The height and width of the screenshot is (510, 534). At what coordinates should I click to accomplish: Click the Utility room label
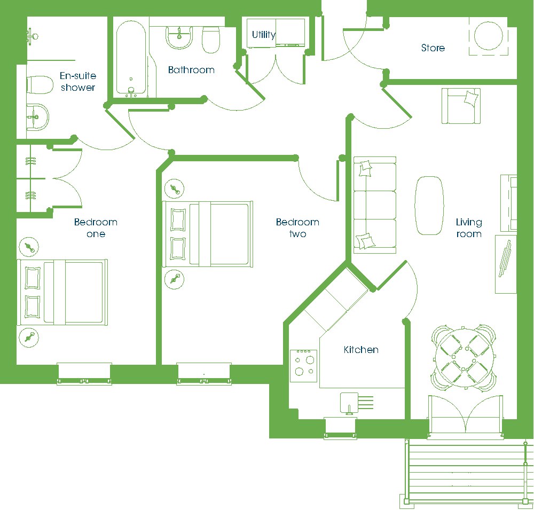point(264,35)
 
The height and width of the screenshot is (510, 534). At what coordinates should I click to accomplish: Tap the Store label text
point(433,48)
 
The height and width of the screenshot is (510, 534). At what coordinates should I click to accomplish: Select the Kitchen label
point(361,350)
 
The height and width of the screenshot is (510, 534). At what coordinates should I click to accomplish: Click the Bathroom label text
point(191,70)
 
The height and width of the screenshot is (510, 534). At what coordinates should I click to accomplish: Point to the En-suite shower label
point(78,81)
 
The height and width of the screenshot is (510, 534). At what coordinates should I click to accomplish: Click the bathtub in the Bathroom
point(131,58)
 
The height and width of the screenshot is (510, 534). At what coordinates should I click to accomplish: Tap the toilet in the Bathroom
point(211,40)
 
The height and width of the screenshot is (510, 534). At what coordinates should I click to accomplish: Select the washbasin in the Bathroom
point(179,37)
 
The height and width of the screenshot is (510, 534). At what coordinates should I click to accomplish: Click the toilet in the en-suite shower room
point(40,85)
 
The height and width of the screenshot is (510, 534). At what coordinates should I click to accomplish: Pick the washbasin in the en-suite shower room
point(37,117)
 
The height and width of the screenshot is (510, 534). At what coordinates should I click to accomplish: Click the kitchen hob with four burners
point(303,366)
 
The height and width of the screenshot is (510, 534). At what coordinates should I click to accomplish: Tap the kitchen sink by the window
point(349,403)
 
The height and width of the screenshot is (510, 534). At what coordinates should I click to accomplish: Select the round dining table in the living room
point(464,358)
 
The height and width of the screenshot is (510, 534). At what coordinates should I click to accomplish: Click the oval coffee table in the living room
point(429,206)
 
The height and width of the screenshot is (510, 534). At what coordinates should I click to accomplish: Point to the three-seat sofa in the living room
point(375,205)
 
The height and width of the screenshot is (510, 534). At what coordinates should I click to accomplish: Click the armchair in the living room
point(461,106)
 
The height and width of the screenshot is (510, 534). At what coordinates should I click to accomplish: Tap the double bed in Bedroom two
point(207,234)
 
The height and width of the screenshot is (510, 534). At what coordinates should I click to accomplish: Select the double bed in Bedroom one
point(62,292)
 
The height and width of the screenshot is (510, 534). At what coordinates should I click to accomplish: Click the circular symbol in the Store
point(489,36)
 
